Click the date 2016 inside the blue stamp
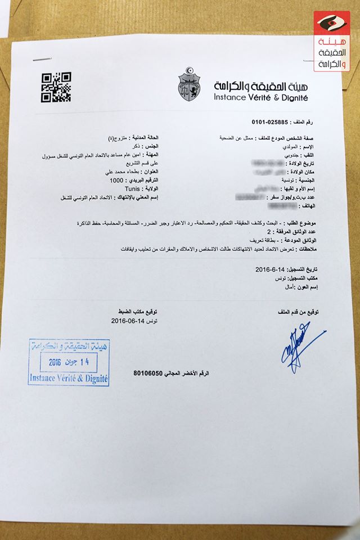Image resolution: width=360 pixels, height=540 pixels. click(55, 363)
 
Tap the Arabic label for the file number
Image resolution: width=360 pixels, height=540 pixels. click(307, 121)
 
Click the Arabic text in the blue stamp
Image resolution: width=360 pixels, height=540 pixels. click(69, 346)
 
